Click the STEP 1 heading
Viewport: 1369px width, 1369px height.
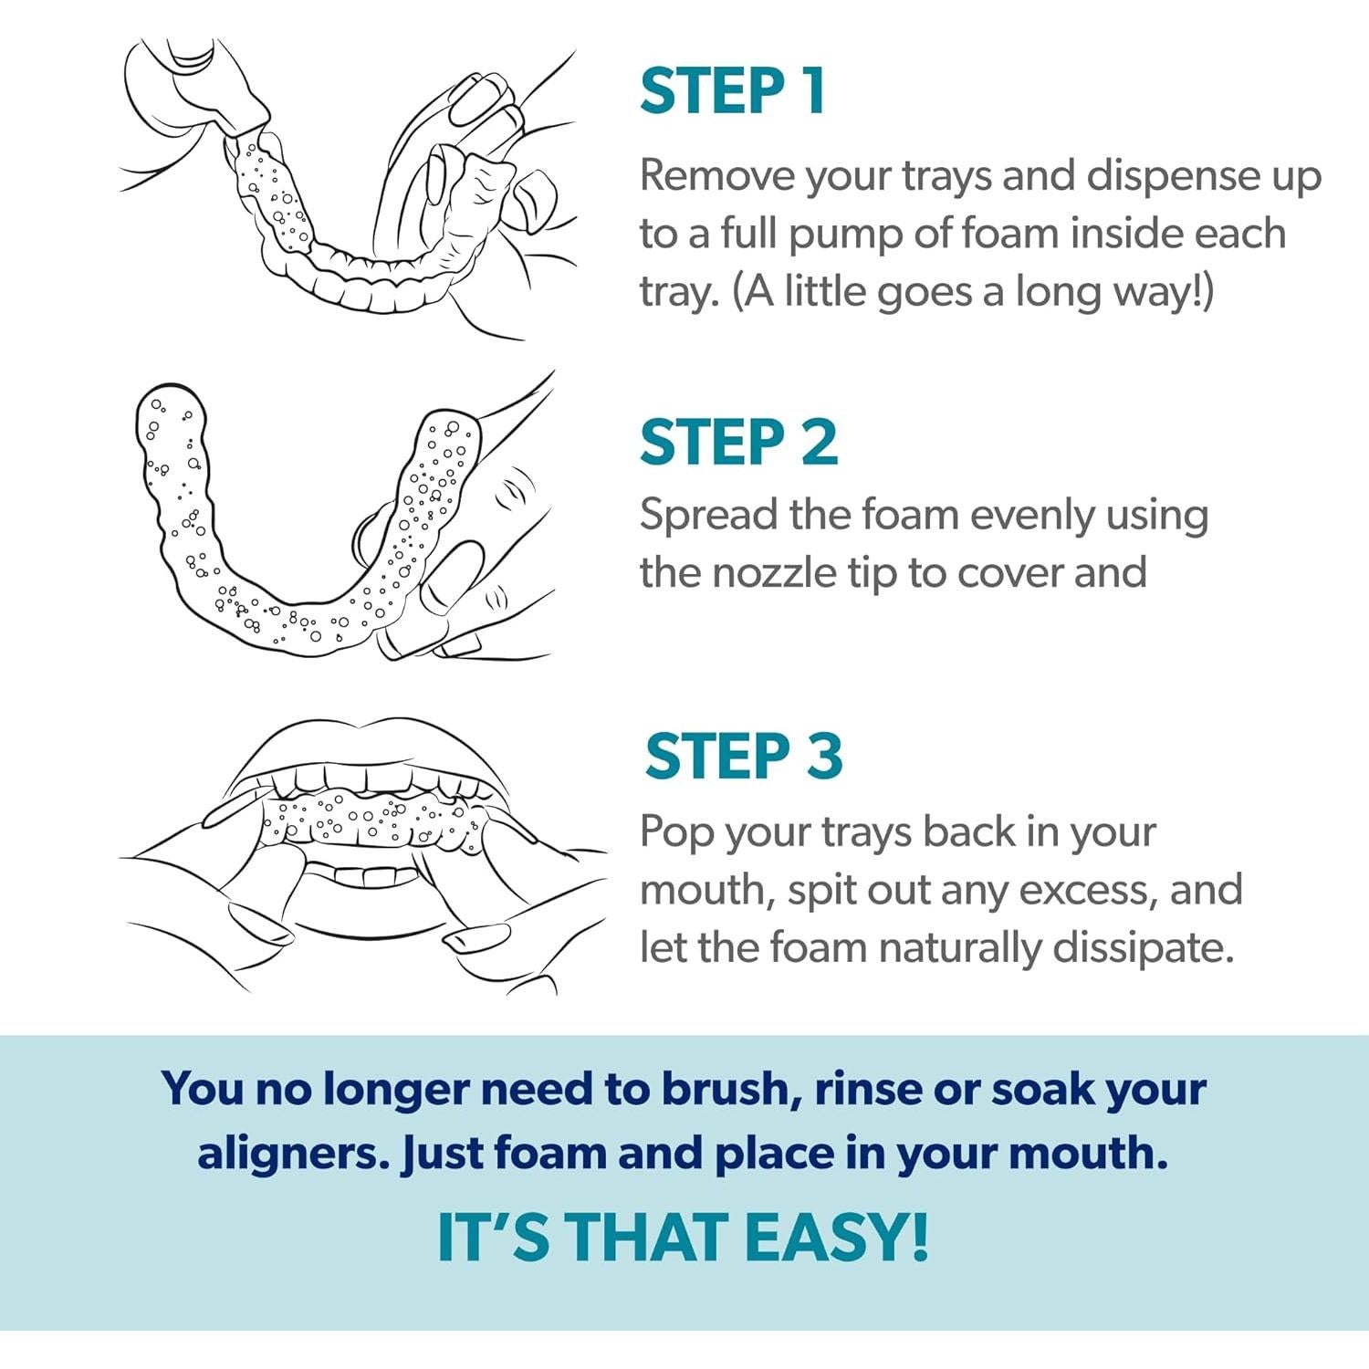(733, 91)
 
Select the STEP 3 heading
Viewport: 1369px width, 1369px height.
(743, 756)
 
